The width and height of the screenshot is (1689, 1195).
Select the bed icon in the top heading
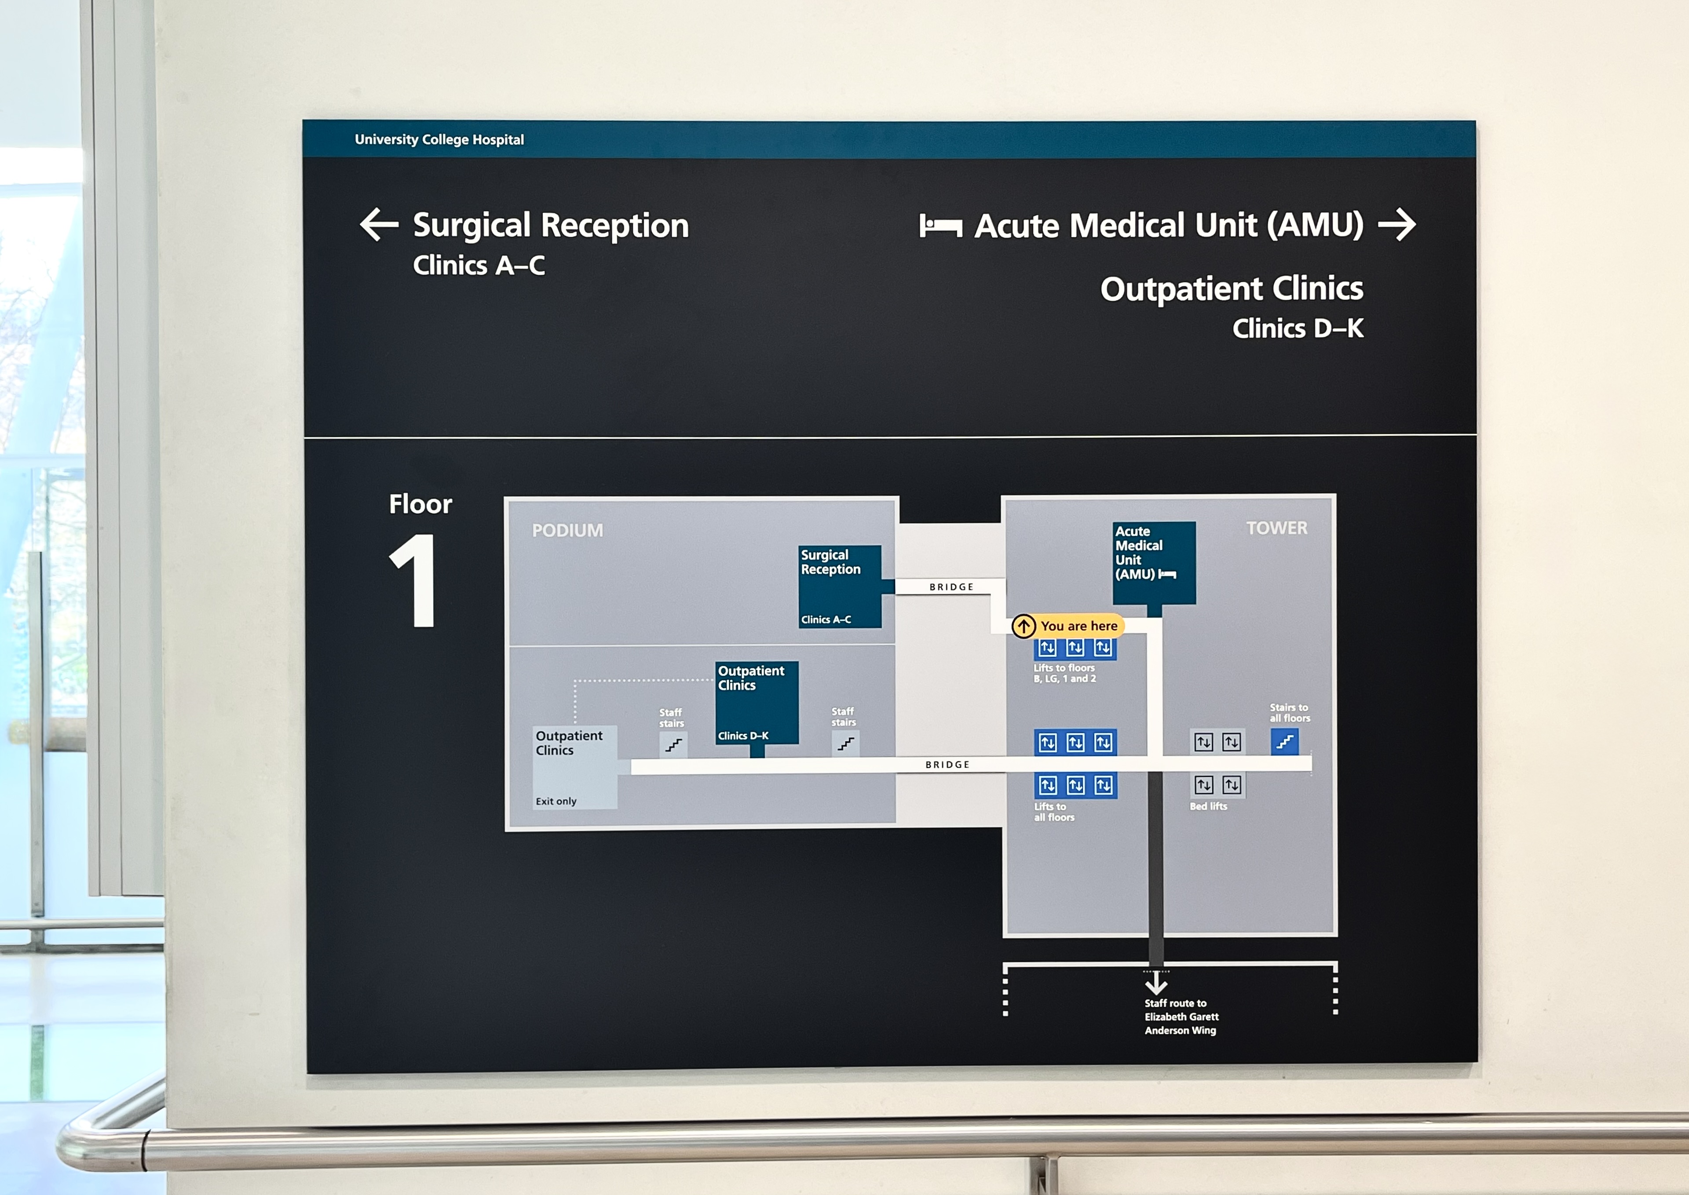(x=940, y=226)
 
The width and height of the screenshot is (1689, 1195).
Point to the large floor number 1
(x=415, y=581)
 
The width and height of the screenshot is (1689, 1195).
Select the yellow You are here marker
(x=1068, y=626)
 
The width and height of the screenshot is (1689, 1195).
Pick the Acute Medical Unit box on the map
(x=1153, y=562)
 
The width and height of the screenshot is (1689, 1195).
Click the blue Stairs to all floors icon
(x=1284, y=742)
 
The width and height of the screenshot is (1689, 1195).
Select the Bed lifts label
(x=1208, y=806)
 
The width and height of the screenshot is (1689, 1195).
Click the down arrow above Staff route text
(x=1155, y=982)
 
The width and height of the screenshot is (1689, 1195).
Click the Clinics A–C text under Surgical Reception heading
(x=479, y=266)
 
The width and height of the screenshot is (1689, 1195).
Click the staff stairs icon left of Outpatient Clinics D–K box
(x=673, y=745)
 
